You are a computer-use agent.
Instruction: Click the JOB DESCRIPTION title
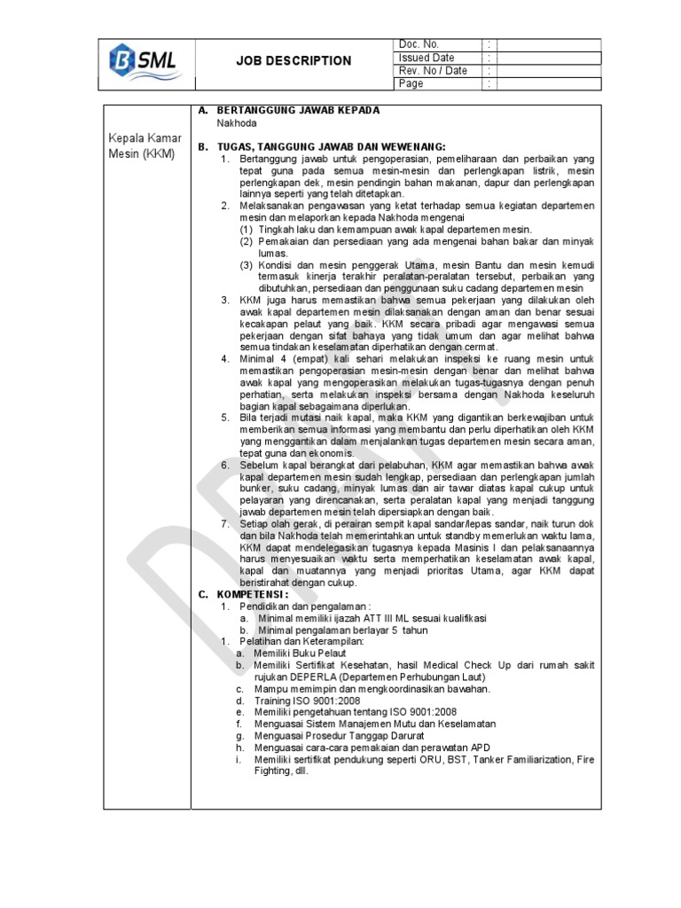(293, 61)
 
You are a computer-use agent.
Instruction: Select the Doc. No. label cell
(419, 44)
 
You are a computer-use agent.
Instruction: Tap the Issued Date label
(427, 58)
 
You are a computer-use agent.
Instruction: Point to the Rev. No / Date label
(433, 71)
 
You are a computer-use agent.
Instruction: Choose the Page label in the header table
(411, 83)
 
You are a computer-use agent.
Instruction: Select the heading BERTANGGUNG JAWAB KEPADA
(298, 110)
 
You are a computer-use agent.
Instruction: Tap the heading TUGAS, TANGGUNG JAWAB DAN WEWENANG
(331, 146)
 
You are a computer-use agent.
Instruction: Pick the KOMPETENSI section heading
(253, 594)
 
